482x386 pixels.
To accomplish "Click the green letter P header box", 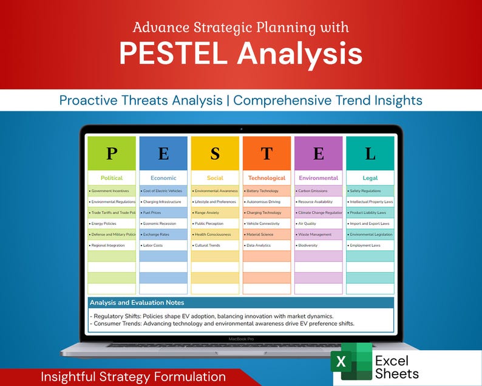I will coord(112,153).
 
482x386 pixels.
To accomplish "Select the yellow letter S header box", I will coord(215,153).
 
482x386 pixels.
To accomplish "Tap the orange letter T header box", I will coord(266,153).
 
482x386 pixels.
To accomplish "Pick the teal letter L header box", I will coord(370,153).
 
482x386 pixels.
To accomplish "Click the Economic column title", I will coord(163,178).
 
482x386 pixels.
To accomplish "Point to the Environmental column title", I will coord(318,178).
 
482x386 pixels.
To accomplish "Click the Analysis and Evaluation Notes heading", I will coord(137,303).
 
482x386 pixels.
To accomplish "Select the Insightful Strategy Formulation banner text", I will coord(133,377).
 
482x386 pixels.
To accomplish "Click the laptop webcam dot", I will coord(241,128).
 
